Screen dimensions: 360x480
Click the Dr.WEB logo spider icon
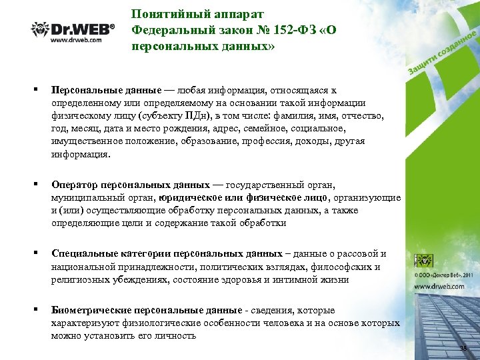40,29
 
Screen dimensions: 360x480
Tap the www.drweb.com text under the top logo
76,40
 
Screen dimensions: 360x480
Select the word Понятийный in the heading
164,14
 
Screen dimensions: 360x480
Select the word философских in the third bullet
321,267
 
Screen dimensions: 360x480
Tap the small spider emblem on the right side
423,261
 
